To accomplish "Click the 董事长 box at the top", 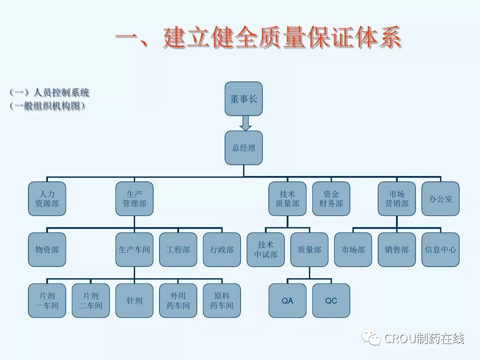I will click(244, 99).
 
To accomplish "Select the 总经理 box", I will click(244, 148).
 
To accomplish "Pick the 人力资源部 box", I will click(47, 199).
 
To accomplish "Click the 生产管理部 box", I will click(135, 199).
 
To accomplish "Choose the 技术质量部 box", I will click(288, 199).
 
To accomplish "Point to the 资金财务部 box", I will click(331, 199).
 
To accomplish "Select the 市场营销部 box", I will click(397, 199).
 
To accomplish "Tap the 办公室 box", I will click(440, 199).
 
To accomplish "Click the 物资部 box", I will click(47, 249).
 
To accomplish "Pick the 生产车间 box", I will click(135, 249).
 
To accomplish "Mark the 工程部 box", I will click(178, 249).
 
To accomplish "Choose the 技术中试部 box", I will click(266, 249).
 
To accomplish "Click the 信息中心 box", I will click(440, 249).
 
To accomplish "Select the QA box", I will click(288, 300).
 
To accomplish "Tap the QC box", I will click(331, 300).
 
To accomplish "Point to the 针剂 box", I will click(135, 300).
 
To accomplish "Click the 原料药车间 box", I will click(222, 300).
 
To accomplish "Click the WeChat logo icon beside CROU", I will click(372, 338).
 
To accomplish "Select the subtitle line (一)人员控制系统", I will click(49, 92).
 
